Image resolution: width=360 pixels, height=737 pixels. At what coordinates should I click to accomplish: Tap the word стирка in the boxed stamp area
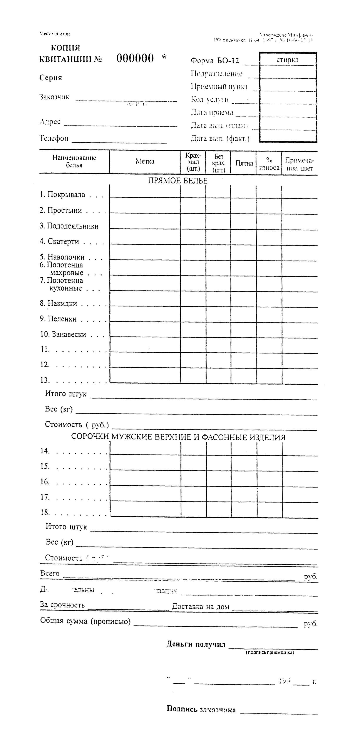click(x=287, y=60)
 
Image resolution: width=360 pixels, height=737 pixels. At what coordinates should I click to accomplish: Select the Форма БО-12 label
click(x=214, y=61)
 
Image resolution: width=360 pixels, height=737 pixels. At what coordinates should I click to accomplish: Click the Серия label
click(x=51, y=78)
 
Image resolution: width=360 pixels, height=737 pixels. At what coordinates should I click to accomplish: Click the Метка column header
click(x=145, y=161)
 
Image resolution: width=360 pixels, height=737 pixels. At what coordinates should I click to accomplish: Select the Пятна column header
click(x=244, y=163)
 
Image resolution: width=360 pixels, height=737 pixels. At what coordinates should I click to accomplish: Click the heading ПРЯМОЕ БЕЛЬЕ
click(x=177, y=181)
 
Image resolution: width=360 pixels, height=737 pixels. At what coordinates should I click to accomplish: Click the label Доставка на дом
click(x=200, y=607)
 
